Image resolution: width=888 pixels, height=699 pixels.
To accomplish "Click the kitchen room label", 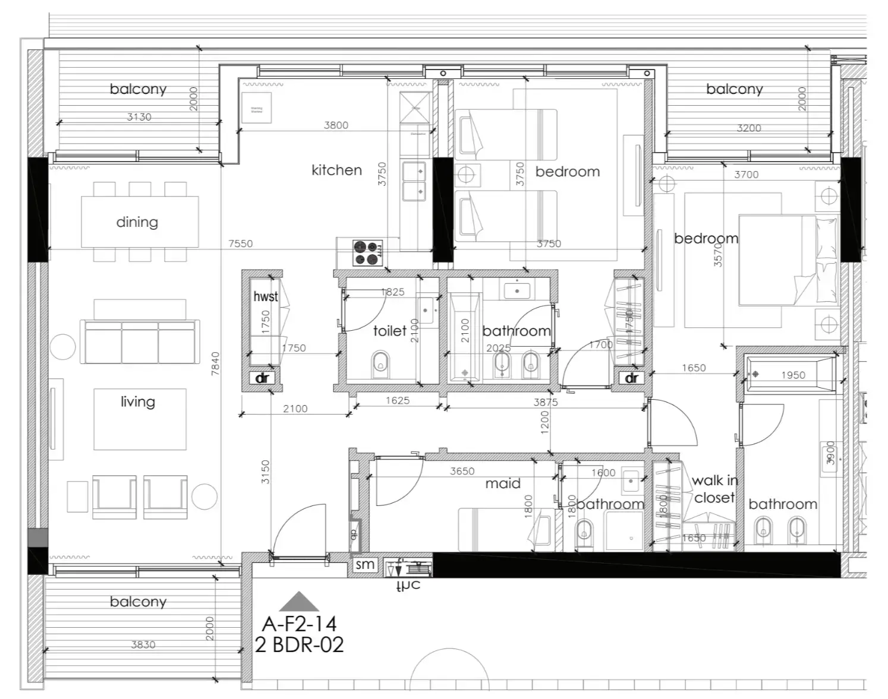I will tap(336, 170).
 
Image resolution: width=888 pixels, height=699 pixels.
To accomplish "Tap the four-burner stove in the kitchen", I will tap(367, 252).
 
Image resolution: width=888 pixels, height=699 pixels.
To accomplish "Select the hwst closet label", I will tap(265, 296).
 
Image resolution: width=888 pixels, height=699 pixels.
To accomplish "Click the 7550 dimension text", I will tap(241, 243).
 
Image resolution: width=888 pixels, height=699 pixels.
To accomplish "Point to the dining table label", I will tap(137, 222).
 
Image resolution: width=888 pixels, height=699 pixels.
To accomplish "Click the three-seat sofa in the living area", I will tap(139, 342).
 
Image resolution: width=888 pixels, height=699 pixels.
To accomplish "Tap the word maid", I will tap(503, 483).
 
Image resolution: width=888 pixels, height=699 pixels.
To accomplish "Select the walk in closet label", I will tap(714, 489).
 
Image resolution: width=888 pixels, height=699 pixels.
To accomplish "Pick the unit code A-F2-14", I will tap(300, 624).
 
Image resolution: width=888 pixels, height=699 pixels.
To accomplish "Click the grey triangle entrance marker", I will tap(299, 602).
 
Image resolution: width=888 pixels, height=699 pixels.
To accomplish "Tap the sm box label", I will tap(365, 564).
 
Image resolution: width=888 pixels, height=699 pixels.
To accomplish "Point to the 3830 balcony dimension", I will tap(143, 644).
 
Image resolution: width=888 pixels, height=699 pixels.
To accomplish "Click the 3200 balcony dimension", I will tap(748, 128).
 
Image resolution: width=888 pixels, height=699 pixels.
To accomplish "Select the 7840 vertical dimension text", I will tap(216, 363).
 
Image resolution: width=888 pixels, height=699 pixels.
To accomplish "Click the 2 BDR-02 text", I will tap(300, 645).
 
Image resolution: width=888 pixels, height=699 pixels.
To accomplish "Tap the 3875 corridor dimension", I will tap(545, 402).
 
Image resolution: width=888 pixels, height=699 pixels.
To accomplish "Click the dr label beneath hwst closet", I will tap(262, 378).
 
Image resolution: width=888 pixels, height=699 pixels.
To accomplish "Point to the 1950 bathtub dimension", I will tap(793, 375).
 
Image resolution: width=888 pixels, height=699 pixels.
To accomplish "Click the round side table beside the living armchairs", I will tap(204, 496).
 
